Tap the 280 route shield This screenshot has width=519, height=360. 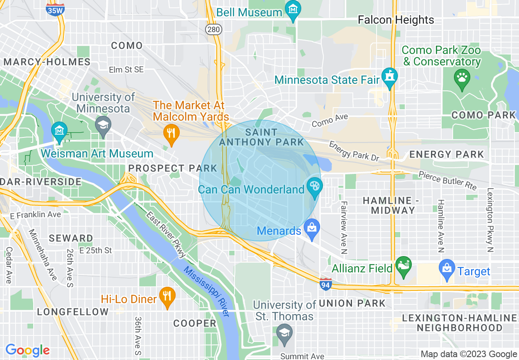pos(214,29)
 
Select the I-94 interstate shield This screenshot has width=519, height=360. pos(325,284)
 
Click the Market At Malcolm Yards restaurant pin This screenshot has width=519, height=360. pos(171,133)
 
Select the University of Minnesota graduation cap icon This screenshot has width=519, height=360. pos(103,124)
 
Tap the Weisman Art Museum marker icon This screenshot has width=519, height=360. pos(59,131)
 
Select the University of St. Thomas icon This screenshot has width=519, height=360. pos(284,333)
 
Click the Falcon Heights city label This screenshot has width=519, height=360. pos(396,20)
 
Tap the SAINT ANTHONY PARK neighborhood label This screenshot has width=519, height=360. pos(262,137)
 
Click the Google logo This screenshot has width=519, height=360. pos(27,350)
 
